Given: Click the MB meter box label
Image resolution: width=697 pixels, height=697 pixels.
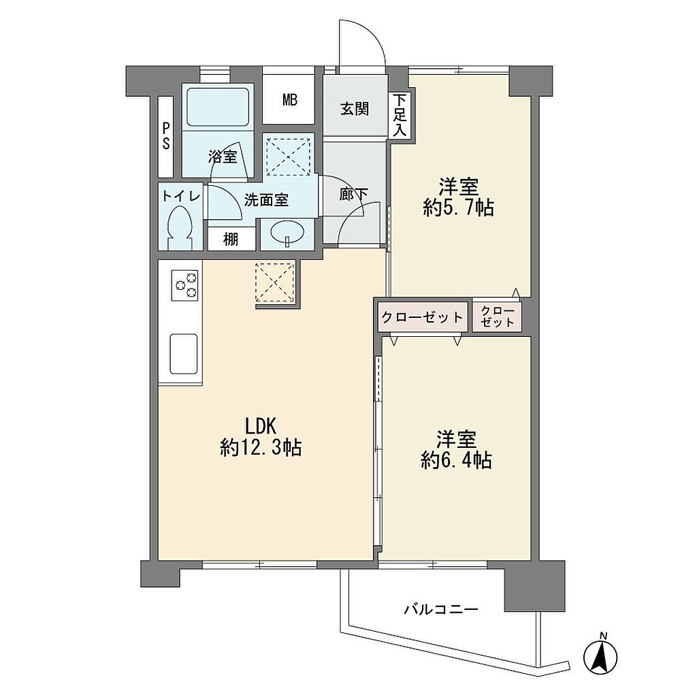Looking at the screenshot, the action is (290, 100).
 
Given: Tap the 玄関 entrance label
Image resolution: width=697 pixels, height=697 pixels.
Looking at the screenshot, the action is (355, 108).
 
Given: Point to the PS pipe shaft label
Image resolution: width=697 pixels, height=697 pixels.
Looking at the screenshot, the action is (166, 136).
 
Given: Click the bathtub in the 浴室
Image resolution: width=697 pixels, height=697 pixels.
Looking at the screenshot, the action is (217, 107).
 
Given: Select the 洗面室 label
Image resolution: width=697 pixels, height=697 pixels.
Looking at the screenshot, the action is (266, 200).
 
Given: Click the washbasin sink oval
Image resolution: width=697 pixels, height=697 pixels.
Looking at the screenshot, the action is (288, 233).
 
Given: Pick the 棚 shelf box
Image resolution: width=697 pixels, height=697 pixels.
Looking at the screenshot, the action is (231, 239).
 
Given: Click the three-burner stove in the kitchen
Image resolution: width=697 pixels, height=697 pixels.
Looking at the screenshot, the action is (184, 285).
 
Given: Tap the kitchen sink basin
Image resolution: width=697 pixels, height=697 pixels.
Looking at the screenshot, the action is (184, 354).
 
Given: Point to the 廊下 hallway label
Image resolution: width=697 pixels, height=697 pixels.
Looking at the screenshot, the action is (354, 194).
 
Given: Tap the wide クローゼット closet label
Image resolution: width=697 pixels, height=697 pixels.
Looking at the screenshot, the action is (422, 317).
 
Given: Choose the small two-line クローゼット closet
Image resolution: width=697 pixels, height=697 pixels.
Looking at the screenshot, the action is (497, 317).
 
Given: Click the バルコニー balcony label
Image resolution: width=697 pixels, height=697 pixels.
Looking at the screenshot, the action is (440, 609).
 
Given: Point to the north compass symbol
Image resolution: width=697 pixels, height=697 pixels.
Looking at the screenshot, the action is (600, 653).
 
